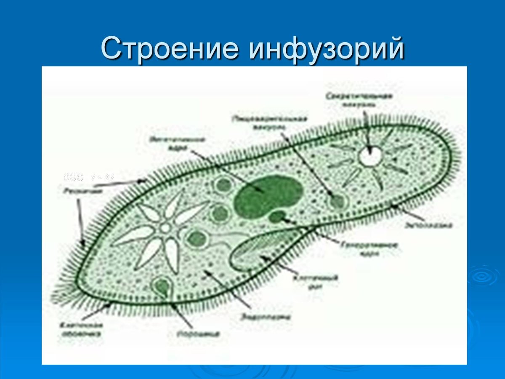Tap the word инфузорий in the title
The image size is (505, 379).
pyautogui.click(x=326, y=49)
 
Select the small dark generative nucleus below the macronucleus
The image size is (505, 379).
pyautogui.click(x=277, y=217)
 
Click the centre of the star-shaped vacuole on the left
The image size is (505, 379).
pyautogui.click(x=165, y=228)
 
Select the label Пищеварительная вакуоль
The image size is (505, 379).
pyautogui.click(x=274, y=122)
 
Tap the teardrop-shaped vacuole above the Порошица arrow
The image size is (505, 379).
pyautogui.click(x=162, y=286)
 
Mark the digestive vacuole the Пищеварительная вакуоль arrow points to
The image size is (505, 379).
pyautogui.click(x=337, y=201)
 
